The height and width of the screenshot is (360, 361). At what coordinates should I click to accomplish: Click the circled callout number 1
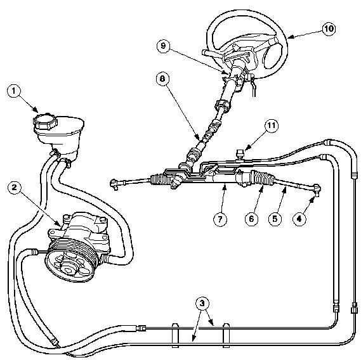(x=14, y=91)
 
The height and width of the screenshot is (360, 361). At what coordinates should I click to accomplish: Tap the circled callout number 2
(x=15, y=188)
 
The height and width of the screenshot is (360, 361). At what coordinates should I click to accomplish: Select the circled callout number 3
(x=202, y=304)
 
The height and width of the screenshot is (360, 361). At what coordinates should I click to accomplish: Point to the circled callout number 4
(x=299, y=219)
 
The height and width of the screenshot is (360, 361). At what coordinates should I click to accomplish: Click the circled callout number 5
(x=275, y=219)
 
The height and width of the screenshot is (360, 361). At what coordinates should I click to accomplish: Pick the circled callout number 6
(x=252, y=219)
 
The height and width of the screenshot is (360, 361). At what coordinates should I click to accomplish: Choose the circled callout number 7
(x=220, y=219)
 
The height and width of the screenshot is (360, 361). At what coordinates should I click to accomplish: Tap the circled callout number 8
(x=162, y=79)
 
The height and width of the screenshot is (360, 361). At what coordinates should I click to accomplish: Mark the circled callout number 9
(x=163, y=46)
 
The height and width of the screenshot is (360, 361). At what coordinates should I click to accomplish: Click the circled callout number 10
(x=328, y=29)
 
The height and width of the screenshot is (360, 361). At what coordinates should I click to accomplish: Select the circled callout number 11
(x=272, y=126)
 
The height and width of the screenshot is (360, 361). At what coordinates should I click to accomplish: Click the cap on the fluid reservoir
(x=45, y=121)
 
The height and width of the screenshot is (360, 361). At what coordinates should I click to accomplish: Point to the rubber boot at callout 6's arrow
(x=264, y=179)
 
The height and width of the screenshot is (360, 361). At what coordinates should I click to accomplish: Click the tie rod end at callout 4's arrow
(x=317, y=190)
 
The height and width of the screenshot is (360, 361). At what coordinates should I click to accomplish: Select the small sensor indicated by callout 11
(x=240, y=153)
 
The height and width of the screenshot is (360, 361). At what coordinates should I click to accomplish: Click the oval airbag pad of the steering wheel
(x=273, y=53)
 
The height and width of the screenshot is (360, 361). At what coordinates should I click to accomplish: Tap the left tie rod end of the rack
(x=114, y=184)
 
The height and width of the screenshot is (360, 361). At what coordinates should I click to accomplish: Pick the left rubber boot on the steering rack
(x=161, y=179)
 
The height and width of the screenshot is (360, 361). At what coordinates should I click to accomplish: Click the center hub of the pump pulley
(x=69, y=269)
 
